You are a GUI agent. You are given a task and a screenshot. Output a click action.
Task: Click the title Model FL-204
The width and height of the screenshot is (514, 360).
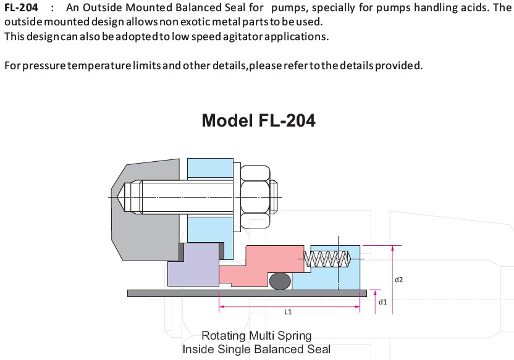[x=258, y=120]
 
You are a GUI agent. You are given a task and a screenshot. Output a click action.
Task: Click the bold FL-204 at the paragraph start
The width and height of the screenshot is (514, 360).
[x=22, y=7]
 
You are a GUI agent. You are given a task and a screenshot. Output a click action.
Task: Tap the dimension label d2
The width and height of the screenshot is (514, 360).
[x=398, y=280]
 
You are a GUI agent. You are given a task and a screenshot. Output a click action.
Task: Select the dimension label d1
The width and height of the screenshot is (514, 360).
[x=382, y=301]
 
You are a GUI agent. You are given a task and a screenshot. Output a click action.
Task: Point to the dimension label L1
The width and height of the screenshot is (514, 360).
[x=288, y=312]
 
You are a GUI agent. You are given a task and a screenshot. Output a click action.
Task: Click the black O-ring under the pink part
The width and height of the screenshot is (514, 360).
[x=280, y=281]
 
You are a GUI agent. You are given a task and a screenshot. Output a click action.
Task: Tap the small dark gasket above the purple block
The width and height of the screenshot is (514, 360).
[x=182, y=251]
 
